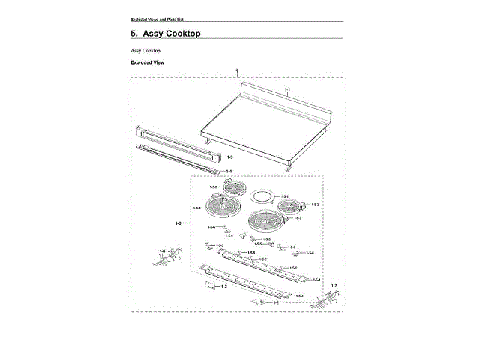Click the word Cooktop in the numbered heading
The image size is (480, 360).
[x=178, y=34]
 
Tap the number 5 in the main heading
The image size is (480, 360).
[x=133, y=34]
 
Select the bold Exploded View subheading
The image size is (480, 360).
[x=147, y=62]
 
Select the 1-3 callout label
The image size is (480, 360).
[x=229, y=157]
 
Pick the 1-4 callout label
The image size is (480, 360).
[x=229, y=171]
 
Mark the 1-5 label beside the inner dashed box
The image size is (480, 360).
[x=178, y=223]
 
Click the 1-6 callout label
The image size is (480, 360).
[x=162, y=250]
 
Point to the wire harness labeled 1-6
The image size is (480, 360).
[x=166, y=261]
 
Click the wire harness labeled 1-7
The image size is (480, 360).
[x=325, y=300]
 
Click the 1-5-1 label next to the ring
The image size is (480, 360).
[x=284, y=194]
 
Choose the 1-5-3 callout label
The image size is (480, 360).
[x=297, y=217]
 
